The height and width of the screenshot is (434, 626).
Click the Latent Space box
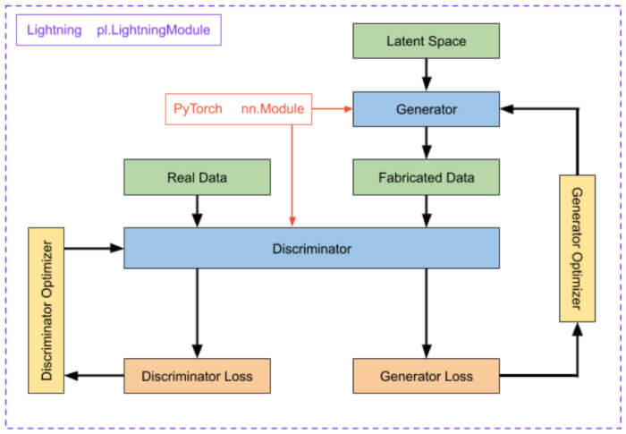click(x=426, y=41)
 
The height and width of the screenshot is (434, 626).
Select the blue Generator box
click(x=426, y=109)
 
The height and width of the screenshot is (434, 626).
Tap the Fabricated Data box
click(x=426, y=177)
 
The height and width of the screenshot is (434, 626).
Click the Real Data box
click(x=197, y=177)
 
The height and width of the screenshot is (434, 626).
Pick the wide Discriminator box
click(x=311, y=248)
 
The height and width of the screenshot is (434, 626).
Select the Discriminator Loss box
click(x=197, y=376)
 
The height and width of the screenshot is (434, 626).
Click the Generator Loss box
click(x=426, y=376)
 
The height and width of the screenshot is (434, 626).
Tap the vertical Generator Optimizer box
click(x=577, y=248)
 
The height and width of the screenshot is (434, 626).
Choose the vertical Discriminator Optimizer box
click(x=47, y=310)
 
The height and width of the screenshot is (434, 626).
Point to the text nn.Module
click(x=273, y=109)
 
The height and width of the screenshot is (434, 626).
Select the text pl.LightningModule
click(x=153, y=30)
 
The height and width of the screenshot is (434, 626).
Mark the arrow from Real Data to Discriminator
click(x=197, y=211)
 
